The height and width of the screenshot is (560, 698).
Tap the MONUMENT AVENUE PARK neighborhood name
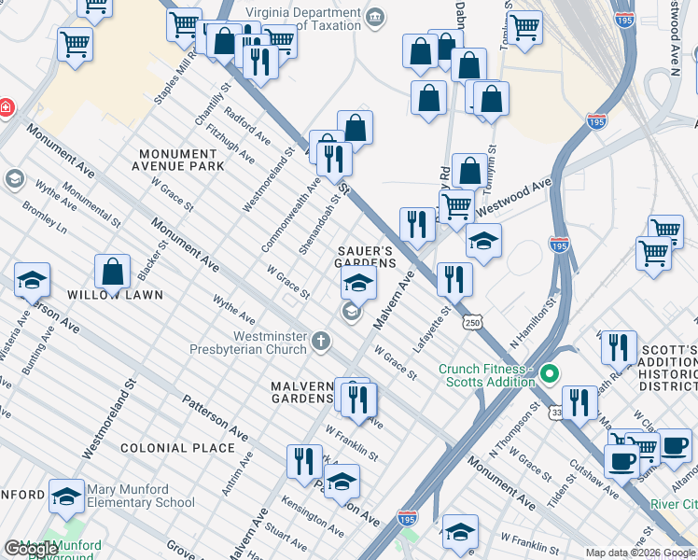point(181,160)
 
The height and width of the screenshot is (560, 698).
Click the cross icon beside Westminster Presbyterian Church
point(321,341)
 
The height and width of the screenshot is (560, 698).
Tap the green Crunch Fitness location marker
point(550,375)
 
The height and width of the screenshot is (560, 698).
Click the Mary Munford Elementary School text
point(141,496)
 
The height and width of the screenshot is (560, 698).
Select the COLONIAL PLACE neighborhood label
point(177,448)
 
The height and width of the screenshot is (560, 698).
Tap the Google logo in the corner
point(30,549)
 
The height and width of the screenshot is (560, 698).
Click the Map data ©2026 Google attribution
point(640,553)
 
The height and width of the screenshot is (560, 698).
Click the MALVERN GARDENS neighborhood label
point(301,393)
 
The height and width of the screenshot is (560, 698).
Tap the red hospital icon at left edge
point(5,108)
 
